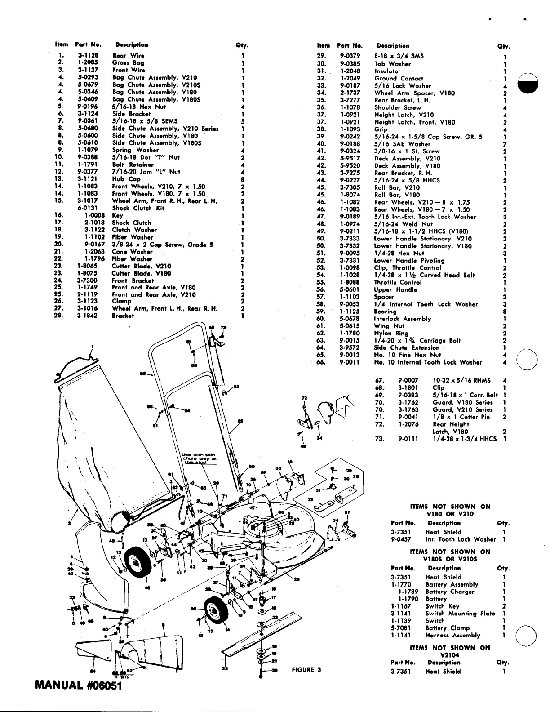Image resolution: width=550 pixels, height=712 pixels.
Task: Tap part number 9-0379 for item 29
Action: point(350,56)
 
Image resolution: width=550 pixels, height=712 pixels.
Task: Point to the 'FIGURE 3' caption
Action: point(306,669)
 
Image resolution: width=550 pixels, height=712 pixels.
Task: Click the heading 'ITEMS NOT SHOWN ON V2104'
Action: point(450,651)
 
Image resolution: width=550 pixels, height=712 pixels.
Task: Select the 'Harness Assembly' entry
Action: point(452,635)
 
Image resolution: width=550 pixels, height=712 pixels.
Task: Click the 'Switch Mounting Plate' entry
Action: point(460,613)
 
